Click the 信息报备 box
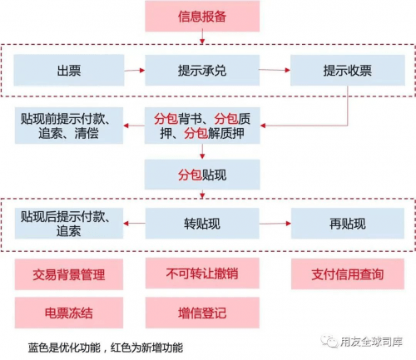pyautogui.click(x=202, y=16)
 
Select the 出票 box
pyautogui.click(x=69, y=70)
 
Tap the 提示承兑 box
pyautogui.click(x=202, y=70)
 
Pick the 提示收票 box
pyautogui.click(x=348, y=70)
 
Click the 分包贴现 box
pyautogui.click(x=202, y=175)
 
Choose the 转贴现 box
pyautogui.click(x=202, y=224)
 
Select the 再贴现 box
pyautogui.click(x=348, y=224)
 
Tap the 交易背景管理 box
pyautogui.click(x=69, y=274)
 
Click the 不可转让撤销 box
pyautogui.click(x=202, y=274)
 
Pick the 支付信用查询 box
pyautogui.click(x=348, y=274)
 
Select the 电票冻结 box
pyautogui.click(x=69, y=313)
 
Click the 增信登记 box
pyautogui.click(x=202, y=313)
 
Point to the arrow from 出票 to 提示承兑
pyautogui.click(x=135, y=71)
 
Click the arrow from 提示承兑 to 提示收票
pyautogui.click(x=275, y=70)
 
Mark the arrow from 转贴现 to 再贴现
pyautogui.click(x=275, y=224)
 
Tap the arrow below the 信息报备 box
pyautogui.click(x=202, y=37)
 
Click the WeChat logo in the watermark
pyautogui.click(x=329, y=341)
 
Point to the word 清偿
pyautogui.click(x=87, y=133)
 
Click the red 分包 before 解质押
pyautogui.click(x=196, y=133)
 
